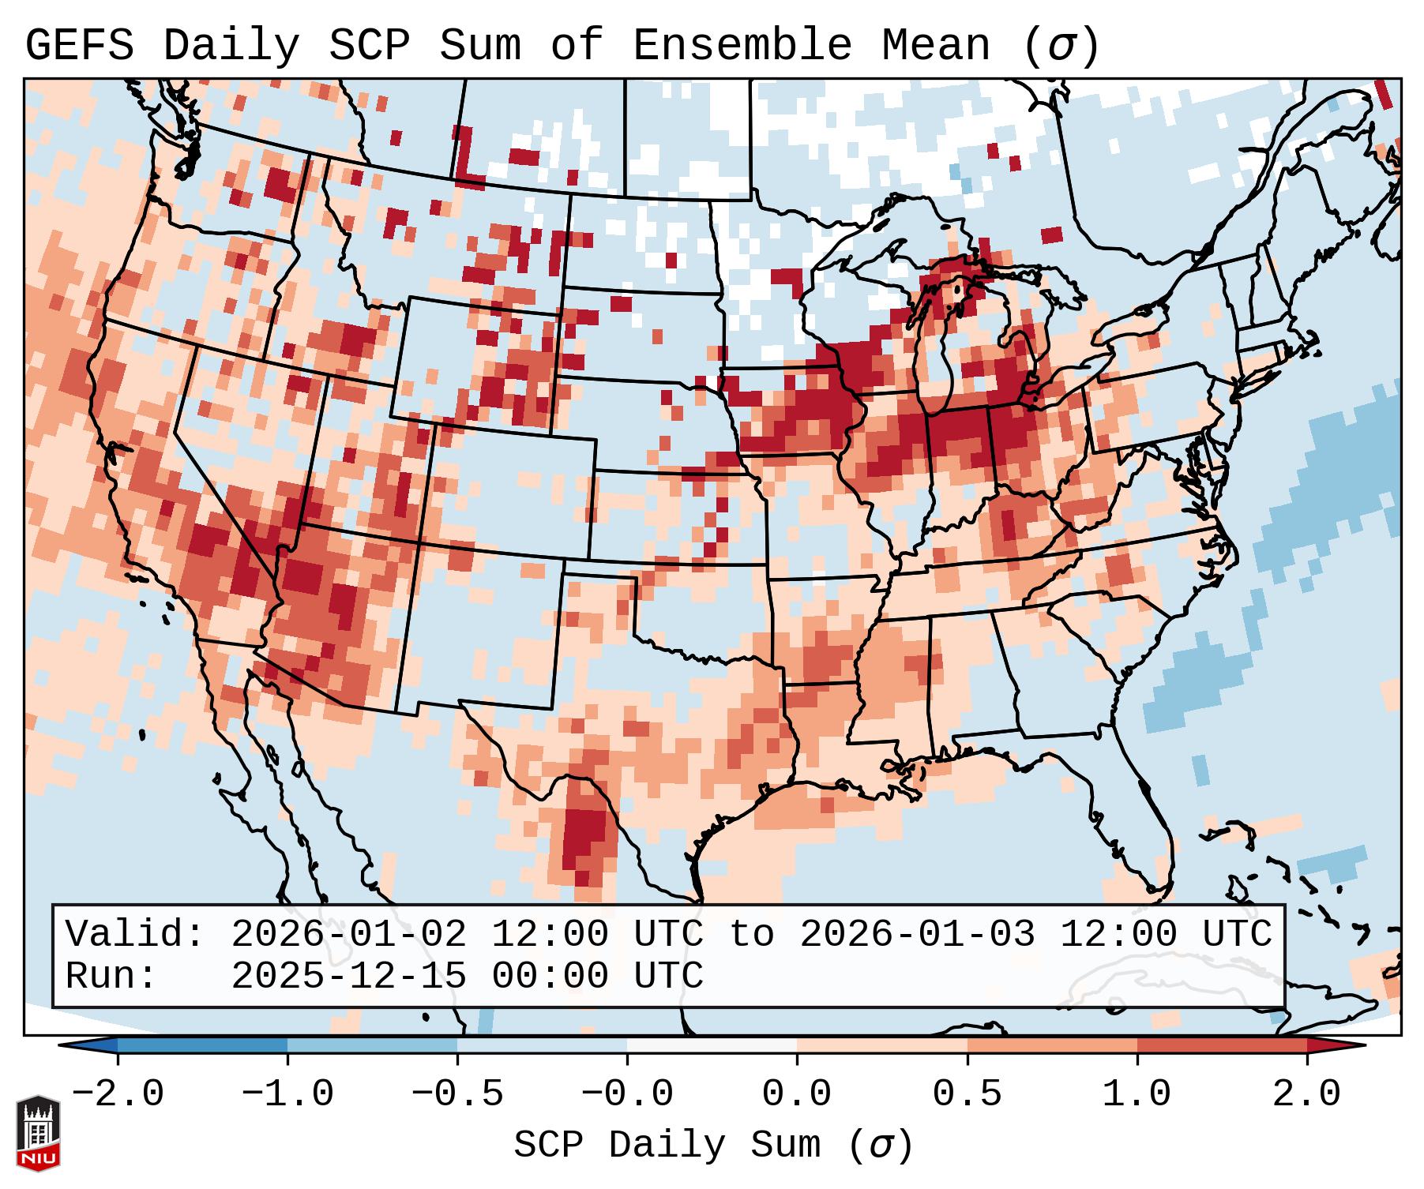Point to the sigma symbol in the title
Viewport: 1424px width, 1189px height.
pyautogui.click(x=1061, y=46)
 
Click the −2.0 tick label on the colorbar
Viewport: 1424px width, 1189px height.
pyautogui.click(x=118, y=1094)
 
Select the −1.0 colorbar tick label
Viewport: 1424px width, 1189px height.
pyautogui.click(x=287, y=1094)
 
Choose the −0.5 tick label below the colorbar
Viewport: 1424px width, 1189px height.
pyautogui.click(x=457, y=1094)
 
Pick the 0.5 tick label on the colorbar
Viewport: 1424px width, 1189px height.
pyautogui.click(x=967, y=1094)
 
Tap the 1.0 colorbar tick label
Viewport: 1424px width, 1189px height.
pyautogui.click(x=1137, y=1094)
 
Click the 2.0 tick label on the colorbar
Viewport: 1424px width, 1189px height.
pyautogui.click(x=1306, y=1094)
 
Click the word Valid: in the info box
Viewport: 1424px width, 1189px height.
pyautogui.click(x=135, y=934)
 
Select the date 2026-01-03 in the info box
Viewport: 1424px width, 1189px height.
pyautogui.click(x=917, y=934)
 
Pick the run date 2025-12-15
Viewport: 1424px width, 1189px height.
pyautogui.click(x=348, y=976)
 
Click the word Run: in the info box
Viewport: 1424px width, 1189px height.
pyautogui.click(x=111, y=976)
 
